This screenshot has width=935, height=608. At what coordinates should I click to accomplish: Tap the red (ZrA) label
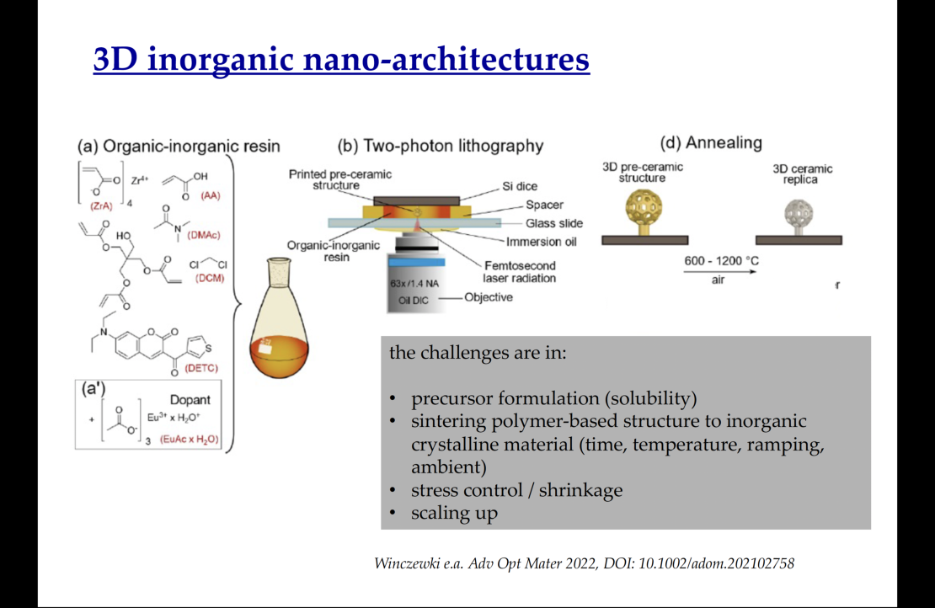(101, 206)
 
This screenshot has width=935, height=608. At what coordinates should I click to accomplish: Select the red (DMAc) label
(203, 235)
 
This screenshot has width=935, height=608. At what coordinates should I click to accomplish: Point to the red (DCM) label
(210, 278)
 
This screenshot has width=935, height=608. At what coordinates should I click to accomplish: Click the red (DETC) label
(201, 368)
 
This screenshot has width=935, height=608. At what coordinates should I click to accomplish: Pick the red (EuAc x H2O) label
(189, 440)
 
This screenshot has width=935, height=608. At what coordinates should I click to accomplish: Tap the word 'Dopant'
(190, 400)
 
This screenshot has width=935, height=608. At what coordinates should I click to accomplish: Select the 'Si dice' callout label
(520, 186)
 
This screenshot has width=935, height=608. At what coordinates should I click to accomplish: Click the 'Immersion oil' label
(542, 242)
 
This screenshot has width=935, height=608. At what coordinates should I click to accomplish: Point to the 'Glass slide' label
(554, 223)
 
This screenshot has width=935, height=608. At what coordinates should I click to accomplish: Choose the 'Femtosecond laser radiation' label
(520, 272)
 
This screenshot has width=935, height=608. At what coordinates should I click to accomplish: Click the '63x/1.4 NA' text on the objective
(414, 283)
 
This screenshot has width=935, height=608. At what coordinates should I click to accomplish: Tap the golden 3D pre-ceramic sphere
(644, 208)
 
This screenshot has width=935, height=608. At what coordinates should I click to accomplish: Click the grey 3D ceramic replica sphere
(799, 213)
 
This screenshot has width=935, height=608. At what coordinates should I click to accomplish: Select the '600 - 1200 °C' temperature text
(722, 261)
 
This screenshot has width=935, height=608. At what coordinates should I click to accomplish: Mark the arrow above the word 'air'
(719, 272)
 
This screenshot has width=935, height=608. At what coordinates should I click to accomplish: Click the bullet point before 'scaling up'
(393, 513)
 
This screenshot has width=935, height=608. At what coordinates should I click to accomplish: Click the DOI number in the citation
(716, 563)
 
